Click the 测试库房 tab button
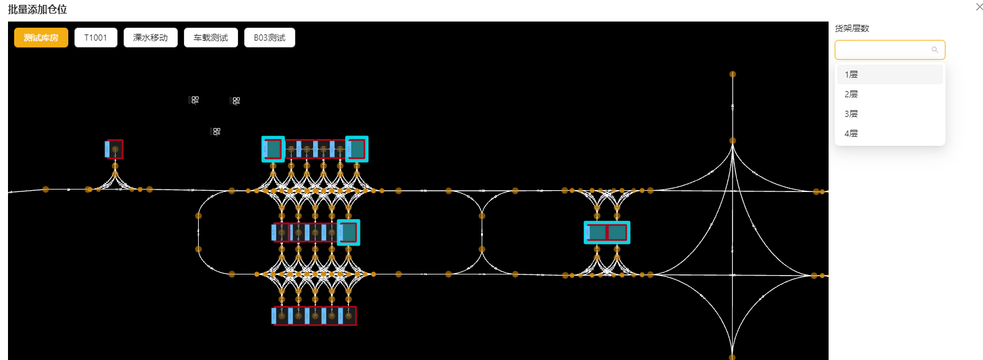tap(41, 38)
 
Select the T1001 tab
tap(96, 38)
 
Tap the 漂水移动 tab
tap(151, 38)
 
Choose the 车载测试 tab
tap(210, 38)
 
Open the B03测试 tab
tap(269, 38)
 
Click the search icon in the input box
tap(935, 50)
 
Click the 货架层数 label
tap(852, 28)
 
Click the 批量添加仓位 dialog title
tap(38, 9)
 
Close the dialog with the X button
tap(979, 7)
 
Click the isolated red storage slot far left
tap(114, 150)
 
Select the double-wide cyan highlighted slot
tap(607, 233)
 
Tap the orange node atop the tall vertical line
tap(733, 74)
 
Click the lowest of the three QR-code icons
tap(215, 131)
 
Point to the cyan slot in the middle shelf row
tap(348, 232)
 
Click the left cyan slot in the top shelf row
tap(273, 150)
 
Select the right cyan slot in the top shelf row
tap(357, 150)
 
